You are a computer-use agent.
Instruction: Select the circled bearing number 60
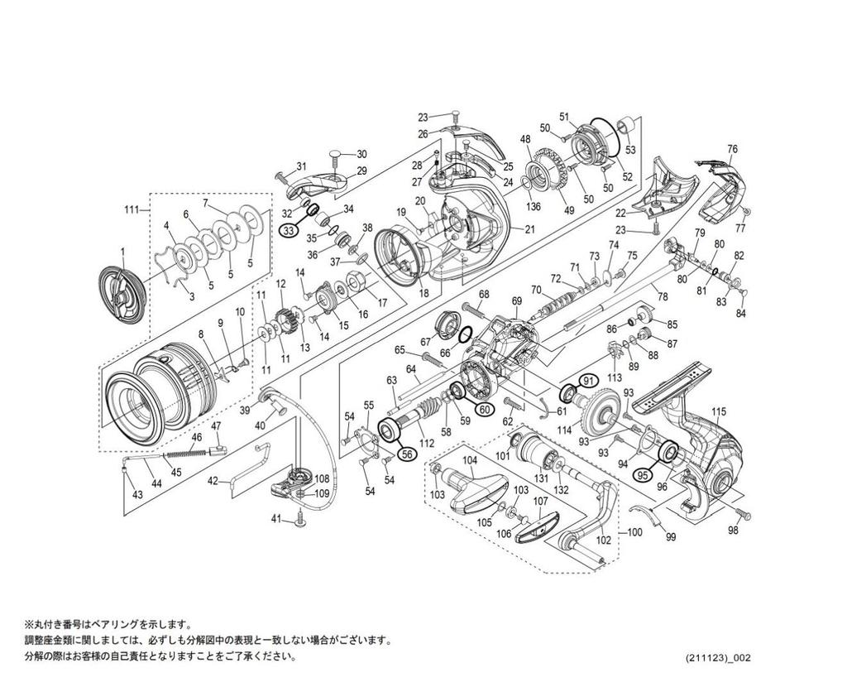click(x=485, y=408)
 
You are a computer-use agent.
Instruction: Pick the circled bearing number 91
click(x=588, y=380)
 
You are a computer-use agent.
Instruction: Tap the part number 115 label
click(x=718, y=412)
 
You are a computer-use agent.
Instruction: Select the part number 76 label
click(x=732, y=149)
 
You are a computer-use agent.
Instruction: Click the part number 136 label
click(x=534, y=206)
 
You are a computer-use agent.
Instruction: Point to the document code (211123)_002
click(x=718, y=657)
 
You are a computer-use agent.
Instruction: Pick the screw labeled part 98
click(x=739, y=515)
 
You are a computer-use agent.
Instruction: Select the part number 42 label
click(x=213, y=480)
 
